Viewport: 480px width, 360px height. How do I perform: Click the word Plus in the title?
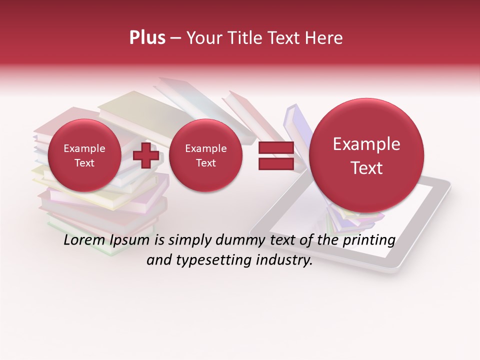[147, 38]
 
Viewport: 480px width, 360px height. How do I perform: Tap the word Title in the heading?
[248, 38]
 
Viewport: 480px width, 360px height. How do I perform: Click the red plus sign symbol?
[146, 155]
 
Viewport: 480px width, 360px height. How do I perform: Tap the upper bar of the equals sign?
[276, 148]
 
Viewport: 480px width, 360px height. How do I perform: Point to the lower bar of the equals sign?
[276, 163]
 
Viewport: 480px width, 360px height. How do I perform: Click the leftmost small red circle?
[84, 155]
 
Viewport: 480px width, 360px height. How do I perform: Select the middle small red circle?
[205, 155]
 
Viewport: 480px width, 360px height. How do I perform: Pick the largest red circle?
[366, 155]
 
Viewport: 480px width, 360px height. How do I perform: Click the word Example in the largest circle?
[366, 144]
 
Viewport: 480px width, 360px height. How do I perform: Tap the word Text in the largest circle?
[366, 168]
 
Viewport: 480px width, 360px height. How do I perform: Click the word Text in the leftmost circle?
[84, 163]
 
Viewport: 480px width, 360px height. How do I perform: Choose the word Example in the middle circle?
[205, 148]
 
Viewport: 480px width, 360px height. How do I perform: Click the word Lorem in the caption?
[83, 240]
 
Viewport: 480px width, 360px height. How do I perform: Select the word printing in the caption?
[368, 240]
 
